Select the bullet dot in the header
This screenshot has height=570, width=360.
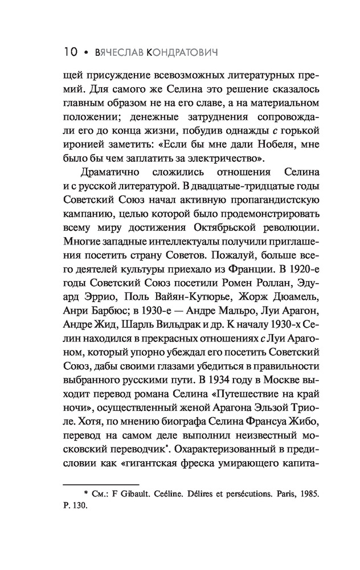click(85, 52)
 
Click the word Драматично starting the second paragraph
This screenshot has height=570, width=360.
click(108, 172)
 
